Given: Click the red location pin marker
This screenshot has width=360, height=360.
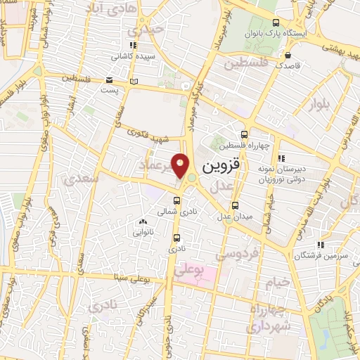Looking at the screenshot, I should coord(181,166).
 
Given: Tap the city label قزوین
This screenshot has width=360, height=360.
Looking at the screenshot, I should coord(221,167).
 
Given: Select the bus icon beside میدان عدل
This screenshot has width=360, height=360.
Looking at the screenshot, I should coord(235,206).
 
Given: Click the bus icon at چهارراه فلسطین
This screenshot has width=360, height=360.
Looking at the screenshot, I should coord(244,134).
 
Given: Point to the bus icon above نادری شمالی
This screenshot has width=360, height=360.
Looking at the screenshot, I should coord(176,199).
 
